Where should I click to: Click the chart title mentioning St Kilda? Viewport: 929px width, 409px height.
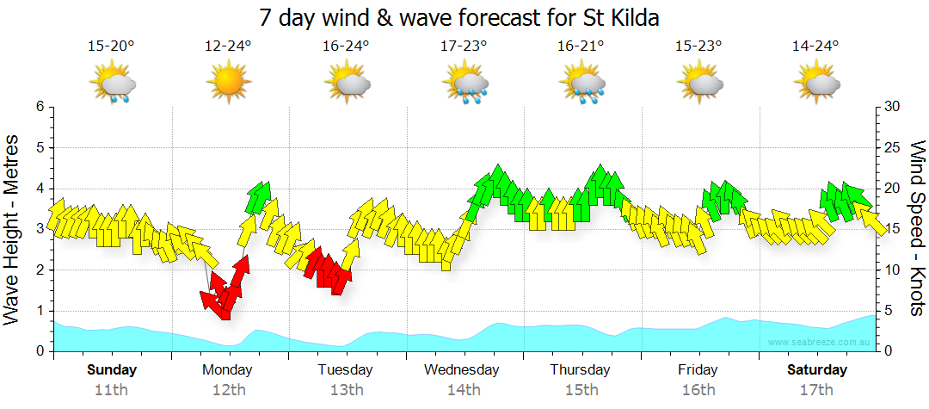point(464,17)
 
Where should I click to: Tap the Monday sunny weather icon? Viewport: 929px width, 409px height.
point(228,84)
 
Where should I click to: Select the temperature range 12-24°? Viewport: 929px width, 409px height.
point(228,46)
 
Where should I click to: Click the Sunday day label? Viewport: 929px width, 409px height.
point(112,370)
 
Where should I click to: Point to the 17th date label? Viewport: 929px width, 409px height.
point(817,389)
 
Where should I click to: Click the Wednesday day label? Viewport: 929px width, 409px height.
point(462,370)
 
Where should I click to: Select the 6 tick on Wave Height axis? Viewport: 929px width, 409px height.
point(40,107)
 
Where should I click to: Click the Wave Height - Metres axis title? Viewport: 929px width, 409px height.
point(13,229)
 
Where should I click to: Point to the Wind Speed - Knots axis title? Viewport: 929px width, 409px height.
point(917,229)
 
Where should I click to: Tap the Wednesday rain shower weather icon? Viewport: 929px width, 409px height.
point(465,84)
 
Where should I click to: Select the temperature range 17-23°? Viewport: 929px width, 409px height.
point(464,46)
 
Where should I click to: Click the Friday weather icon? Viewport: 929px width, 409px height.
point(700,84)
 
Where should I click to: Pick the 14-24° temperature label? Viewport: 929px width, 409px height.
point(815,46)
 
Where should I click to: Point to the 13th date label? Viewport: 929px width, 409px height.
point(346,389)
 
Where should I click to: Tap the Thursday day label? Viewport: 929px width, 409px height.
point(581,370)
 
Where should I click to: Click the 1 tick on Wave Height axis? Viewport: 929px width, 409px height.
point(40,311)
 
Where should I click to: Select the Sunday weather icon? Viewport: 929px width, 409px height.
point(113,84)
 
